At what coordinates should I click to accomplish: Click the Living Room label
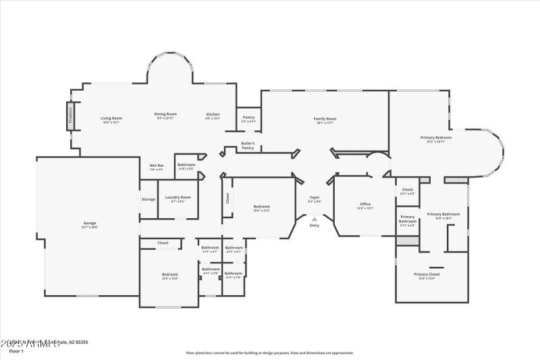[111, 119]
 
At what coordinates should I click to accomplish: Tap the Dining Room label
[165, 115]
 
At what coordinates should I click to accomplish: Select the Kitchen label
[213, 115]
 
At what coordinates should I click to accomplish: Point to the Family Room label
[325, 120]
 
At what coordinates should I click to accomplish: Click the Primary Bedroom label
[436, 138]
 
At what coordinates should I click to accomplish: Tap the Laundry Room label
[178, 198]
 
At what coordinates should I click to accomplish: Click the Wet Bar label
[157, 166]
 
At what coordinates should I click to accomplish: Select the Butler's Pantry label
[248, 145]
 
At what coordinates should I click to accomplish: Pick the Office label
[365, 205]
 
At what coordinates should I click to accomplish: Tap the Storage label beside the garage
[148, 199]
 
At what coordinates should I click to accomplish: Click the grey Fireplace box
[70, 115]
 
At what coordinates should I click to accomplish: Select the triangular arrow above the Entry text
[314, 218]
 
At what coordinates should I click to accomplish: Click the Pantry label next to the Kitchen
[249, 118]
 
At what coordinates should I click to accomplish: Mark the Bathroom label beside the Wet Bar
[186, 166]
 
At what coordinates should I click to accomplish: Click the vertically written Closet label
[227, 199]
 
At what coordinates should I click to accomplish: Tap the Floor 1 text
[16, 351]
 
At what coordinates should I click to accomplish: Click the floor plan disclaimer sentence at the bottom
[270, 353]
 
